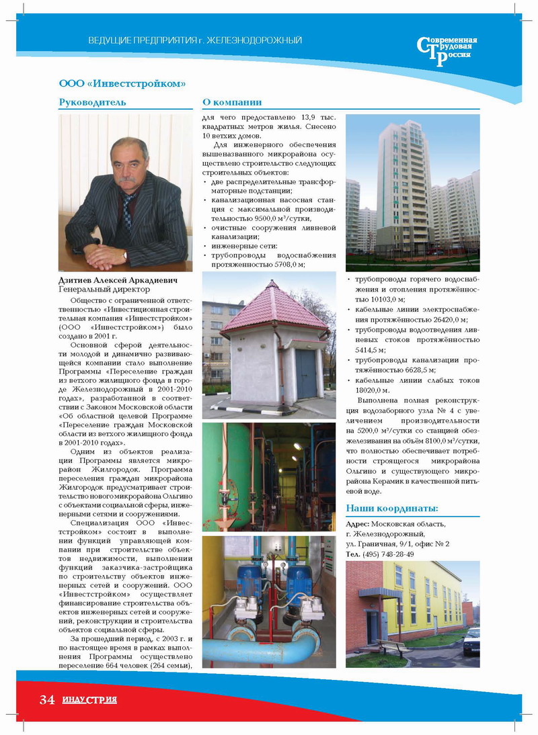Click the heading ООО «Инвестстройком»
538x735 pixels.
point(122,84)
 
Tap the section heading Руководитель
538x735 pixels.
point(92,103)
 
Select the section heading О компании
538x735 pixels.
point(231,103)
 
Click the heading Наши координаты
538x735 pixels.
point(391,508)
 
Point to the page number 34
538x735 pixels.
point(46,700)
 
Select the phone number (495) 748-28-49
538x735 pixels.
point(388,554)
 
